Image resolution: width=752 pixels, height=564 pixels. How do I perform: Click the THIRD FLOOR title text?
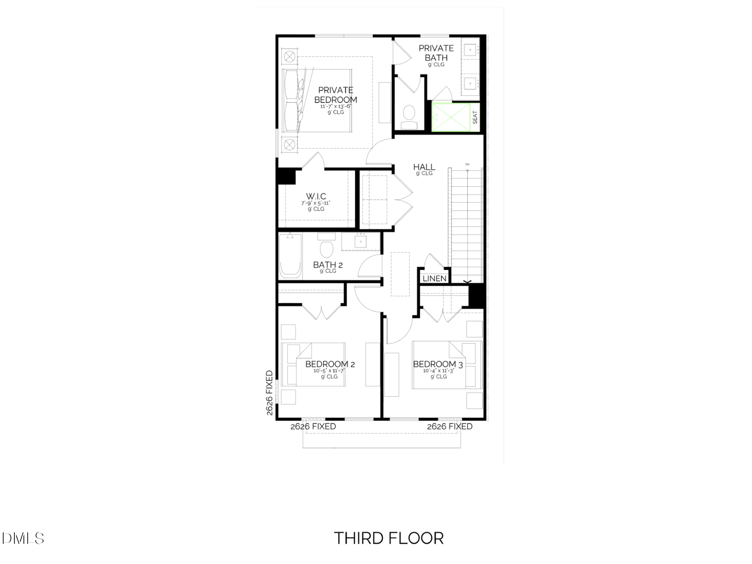389,538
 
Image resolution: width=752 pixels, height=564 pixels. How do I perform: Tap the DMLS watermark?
24,538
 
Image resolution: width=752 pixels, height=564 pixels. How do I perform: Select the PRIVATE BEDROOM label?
336,95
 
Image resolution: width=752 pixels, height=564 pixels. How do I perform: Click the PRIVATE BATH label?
436,53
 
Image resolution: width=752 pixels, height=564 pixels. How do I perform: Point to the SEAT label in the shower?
475,117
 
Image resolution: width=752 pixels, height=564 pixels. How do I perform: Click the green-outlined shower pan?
451,117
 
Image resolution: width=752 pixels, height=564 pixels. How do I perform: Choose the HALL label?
424,167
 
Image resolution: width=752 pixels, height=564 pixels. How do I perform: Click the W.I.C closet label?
316,196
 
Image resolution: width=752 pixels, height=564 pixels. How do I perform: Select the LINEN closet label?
434,279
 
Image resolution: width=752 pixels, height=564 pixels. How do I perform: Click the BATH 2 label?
328,265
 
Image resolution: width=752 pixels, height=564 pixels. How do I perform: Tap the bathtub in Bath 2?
290,256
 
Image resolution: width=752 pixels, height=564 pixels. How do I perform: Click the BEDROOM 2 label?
330,364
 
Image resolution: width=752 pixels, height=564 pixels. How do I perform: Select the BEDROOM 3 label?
438,364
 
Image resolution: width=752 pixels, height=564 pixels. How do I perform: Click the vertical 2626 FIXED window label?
270,393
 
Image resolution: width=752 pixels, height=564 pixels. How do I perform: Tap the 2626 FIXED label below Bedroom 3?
450,426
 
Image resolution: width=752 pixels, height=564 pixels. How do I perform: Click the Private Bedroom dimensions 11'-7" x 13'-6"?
336,106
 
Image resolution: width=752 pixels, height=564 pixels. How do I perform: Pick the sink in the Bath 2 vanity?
361,242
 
